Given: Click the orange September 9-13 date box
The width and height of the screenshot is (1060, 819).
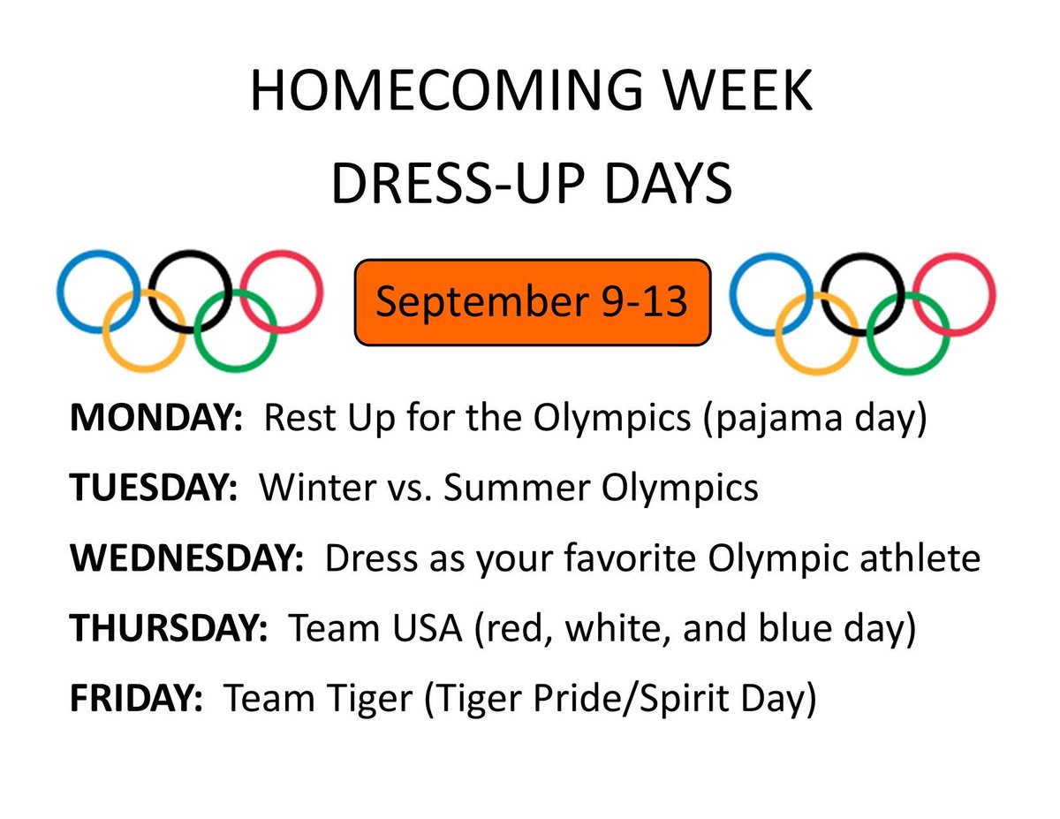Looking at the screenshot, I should coord(532,302).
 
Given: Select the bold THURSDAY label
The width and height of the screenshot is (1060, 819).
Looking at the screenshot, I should coord(169,628).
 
